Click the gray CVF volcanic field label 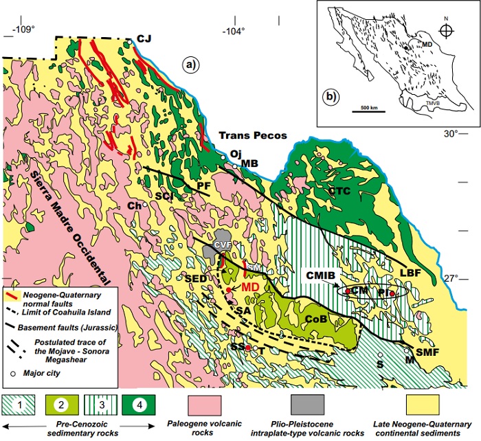click(x=221, y=243)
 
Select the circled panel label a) click(x=190, y=65)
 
